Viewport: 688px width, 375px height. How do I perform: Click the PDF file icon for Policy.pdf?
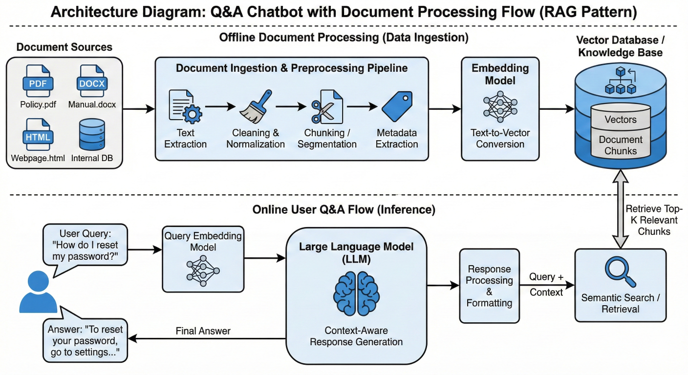point(38,81)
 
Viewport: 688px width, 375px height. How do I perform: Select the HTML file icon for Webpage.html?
point(38,135)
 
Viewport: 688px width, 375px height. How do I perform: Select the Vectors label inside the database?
point(621,120)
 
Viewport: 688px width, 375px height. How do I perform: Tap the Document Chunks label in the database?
point(621,145)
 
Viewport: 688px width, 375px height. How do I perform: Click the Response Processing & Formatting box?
point(489,286)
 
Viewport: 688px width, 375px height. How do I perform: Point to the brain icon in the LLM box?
point(356,293)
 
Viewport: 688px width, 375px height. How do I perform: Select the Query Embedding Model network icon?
point(203,270)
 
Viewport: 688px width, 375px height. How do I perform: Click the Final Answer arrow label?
point(203,331)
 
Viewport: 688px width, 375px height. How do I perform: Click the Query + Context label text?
point(546,284)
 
